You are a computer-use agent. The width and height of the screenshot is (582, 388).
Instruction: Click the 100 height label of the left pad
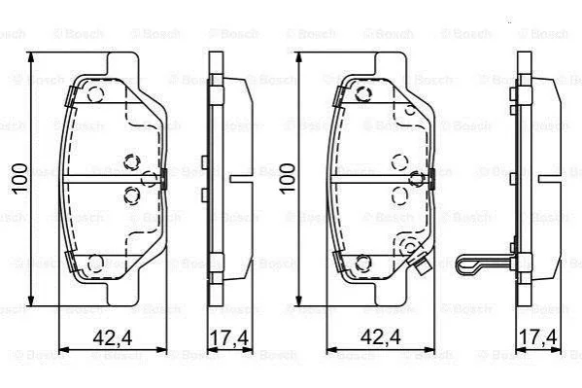[x=19, y=179]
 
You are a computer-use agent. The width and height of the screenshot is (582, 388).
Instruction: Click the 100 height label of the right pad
[x=288, y=179]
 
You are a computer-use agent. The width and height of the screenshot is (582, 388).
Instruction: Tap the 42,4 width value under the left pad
[x=113, y=337]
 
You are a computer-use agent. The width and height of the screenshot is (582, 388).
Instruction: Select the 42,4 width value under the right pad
[x=381, y=337]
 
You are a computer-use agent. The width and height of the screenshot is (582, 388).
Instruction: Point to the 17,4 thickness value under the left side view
[x=229, y=337]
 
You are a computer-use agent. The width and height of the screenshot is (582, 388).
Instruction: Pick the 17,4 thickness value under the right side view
[x=538, y=337]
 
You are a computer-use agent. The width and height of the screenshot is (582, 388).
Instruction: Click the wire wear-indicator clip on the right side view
[x=483, y=265]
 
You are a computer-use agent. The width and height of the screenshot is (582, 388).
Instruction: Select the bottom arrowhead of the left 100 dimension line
[x=31, y=300]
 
